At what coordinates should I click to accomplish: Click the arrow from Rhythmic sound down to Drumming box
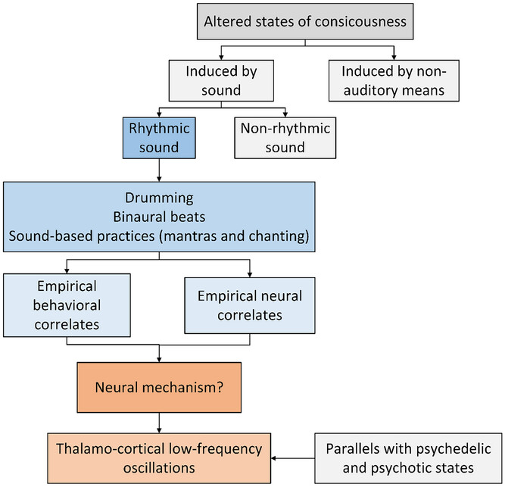[x=159, y=171]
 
